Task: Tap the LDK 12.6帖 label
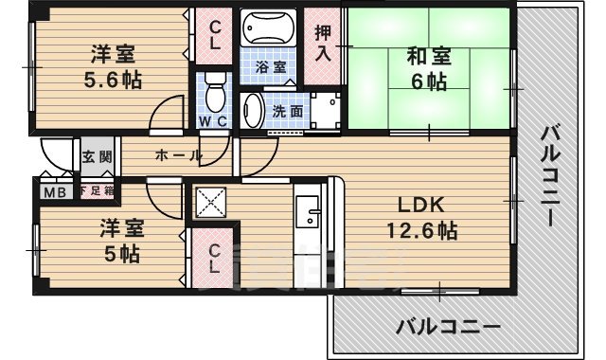coord(420,218)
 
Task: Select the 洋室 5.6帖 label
coord(112,66)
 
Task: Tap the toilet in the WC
coord(214,93)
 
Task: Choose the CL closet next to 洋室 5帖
coord(215,259)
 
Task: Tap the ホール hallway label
coord(176,155)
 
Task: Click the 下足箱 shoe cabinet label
coord(96,190)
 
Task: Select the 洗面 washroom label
coord(288,110)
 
